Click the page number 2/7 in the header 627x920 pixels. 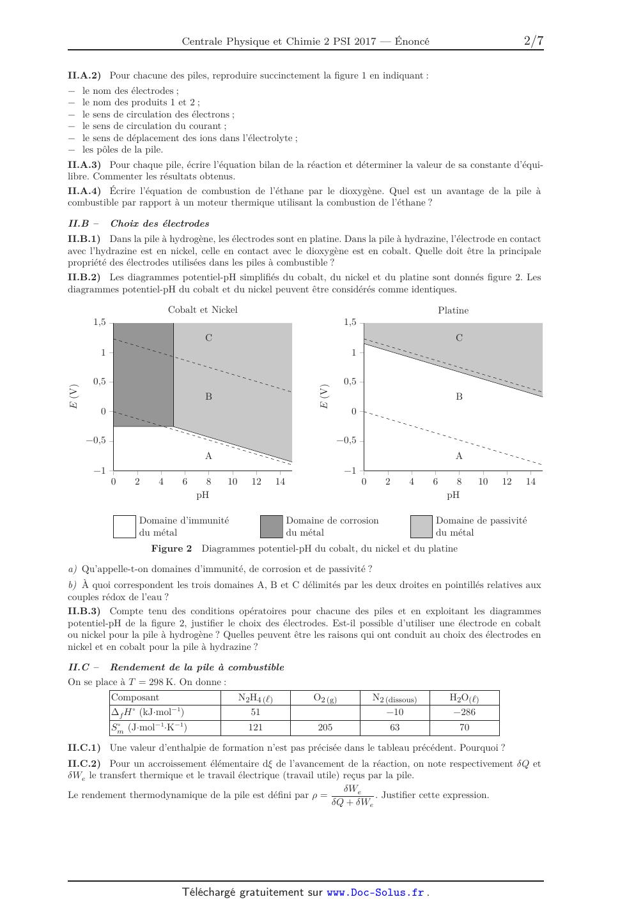point(533,41)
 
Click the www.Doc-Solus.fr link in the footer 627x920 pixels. point(375,893)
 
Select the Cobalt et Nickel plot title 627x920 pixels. point(203,310)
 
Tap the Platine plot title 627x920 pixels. point(453,310)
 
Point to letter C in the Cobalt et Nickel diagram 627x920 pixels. point(208,338)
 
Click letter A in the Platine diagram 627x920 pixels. point(459,456)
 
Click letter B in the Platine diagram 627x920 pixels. point(459,396)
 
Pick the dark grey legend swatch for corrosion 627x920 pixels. point(271,527)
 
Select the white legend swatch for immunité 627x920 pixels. point(125,527)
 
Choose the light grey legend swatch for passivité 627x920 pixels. point(421,527)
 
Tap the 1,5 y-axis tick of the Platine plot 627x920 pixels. point(350,322)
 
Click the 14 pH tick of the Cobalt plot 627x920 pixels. point(280,482)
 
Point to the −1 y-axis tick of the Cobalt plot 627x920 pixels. point(100,471)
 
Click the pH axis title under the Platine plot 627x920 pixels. point(453,495)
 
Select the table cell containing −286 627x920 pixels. point(464,712)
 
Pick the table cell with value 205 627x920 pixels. point(325,727)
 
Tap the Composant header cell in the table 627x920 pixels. point(135,698)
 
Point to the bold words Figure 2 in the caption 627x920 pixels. point(171,548)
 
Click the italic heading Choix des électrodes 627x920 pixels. point(160,223)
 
